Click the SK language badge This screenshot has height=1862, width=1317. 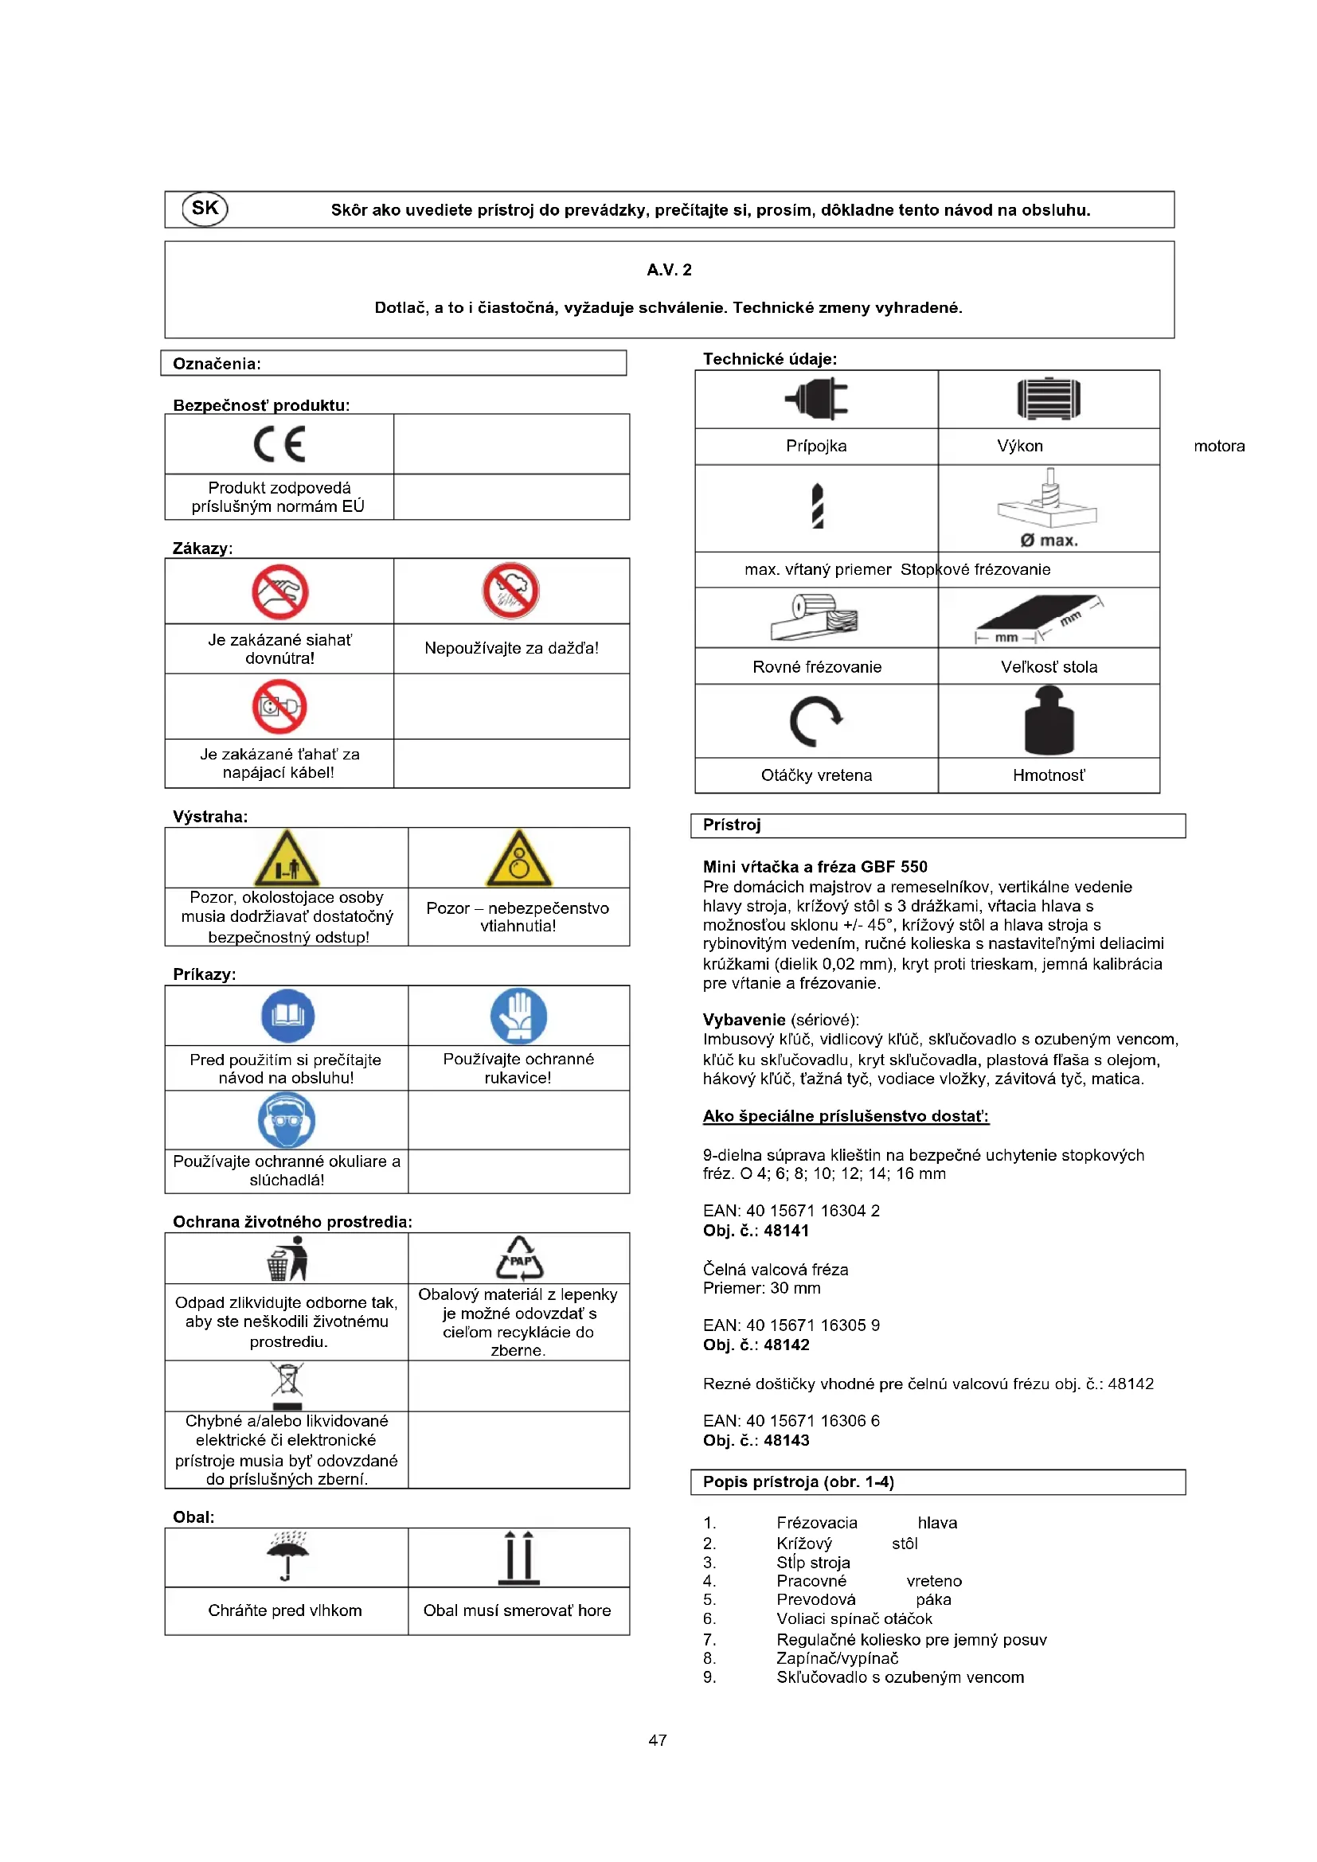click(x=205, y=209)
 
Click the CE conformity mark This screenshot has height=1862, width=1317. click(x=279, y=443)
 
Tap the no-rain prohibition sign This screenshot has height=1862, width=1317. click(x=511, y=591)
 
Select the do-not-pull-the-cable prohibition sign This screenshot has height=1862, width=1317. click(x=279, y=706)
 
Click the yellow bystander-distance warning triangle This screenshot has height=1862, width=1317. click(x=287, y=859)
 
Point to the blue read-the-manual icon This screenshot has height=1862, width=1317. click(x=288, y=1015)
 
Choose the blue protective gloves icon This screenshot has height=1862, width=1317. click(x=519, y=1015)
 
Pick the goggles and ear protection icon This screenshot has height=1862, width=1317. click(x=287, y=1120)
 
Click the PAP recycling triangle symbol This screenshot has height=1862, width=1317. click(x=520, y=1259)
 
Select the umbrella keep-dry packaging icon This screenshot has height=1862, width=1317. click(x=288, y=1555)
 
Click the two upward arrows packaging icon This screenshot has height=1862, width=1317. click(x=519, y=1557)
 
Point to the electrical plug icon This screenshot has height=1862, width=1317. click(x=817, y=399)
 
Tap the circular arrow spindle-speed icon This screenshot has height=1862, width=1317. click(x=816, y=721)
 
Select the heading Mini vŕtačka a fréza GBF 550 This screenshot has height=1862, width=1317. click(x=815, y=866)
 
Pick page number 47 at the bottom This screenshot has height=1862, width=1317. click(x=658, y=1740)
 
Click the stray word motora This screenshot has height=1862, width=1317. click(x=1219, y=446)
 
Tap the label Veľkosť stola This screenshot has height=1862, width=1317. click(x=1049, y=666)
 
